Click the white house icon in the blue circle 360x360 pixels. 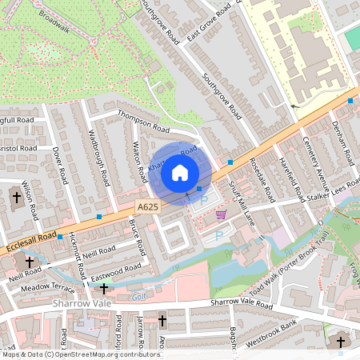180,172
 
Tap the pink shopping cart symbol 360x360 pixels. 221,215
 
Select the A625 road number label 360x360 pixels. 146,206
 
